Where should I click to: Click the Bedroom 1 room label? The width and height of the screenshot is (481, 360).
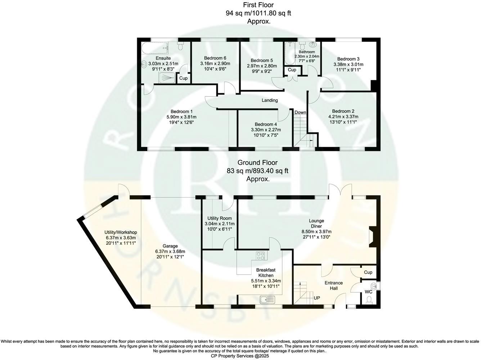pyautogui.click(x=181, y=111)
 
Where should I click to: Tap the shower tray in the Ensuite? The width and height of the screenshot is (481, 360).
pyautogui.click(x=166, y=77)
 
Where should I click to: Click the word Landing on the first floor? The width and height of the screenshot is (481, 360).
pyautogui.click(x=269, y=100)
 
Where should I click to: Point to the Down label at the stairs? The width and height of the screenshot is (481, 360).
pyautogui.click(x=300, y=112)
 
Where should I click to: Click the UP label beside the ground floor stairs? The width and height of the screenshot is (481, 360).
pyautogui.click(x=317, y=298)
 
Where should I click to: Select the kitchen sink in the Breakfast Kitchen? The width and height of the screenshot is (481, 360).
pyautogui.click(x=266, y=299)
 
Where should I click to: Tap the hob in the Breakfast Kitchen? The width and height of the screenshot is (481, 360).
pyautogui.click(x=260, y=256)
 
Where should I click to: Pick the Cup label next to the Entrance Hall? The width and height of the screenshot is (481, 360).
pyautogui.click(x=368, y=272)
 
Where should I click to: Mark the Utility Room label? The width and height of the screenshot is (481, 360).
pyautogui.click(x=219, y=218)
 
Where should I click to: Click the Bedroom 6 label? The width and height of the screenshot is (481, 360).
pyautogui.click(x=215, y=58)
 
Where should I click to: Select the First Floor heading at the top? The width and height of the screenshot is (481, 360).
pyautogui.click(x=258, y=5)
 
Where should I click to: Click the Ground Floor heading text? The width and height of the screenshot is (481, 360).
pyautogui.click(x=257, y=163)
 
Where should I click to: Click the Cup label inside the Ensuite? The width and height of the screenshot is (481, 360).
pyautogui.click(x=183, y=78)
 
